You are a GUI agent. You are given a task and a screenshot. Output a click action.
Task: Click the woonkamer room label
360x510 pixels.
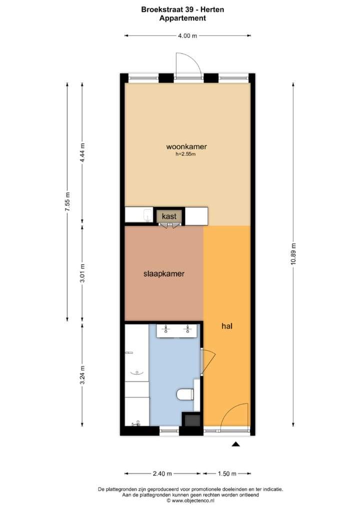click(186, 147)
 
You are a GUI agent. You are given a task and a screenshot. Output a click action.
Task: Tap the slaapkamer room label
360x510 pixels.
click(164, 274)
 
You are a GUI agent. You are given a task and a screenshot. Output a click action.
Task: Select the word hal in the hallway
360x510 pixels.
click(227, 326)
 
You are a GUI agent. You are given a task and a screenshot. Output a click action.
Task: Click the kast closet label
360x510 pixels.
click(169, 216)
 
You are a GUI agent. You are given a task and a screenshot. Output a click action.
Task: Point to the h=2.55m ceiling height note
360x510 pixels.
click(185, 154)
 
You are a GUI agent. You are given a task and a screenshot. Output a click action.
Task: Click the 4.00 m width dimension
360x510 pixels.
click(187, 36)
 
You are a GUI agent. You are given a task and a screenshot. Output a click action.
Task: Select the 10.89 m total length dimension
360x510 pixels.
click(293, 254)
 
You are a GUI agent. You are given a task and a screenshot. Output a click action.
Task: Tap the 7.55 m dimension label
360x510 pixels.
click(67, 202)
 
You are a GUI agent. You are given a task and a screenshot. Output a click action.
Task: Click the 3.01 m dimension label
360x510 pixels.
click(82, 273)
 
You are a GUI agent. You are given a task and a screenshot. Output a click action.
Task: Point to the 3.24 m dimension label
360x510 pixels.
click(82, 375)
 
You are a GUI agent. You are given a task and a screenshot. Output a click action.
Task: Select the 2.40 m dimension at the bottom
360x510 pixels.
click(162, 473)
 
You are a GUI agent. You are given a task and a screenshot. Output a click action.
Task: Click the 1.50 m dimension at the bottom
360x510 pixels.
click(227, 473)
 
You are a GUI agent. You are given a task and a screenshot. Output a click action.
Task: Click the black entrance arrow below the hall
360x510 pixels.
click(236, 444)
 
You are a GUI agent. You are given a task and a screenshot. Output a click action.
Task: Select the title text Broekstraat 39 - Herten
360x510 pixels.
click(182, 10)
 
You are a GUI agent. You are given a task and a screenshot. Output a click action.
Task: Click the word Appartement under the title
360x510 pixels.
click(182, 18)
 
